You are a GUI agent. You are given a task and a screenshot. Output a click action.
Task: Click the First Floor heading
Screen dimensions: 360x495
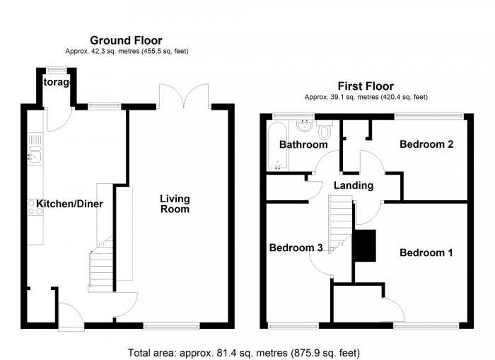click(365, 86)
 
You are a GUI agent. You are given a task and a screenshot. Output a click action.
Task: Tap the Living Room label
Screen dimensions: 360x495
click(175, 204)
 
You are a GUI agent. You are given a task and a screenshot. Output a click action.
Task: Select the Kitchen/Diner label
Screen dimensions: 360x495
click(70, 204)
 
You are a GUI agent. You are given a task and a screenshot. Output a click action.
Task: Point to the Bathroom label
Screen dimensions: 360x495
click(303, 145)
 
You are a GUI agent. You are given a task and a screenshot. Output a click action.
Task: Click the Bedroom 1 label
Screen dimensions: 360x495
click(426, 252)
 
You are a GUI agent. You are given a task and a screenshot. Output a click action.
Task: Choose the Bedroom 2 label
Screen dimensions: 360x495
click(426, 145)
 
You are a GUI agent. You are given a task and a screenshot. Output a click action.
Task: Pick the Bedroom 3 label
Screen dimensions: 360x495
click(296, 248)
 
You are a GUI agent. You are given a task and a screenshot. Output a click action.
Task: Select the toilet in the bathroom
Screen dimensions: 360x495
click(325, 130)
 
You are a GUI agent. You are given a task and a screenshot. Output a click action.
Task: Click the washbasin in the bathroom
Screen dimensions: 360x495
click(305, 128)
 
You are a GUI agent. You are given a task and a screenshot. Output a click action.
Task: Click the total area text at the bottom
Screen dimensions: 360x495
click(244, 352)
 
